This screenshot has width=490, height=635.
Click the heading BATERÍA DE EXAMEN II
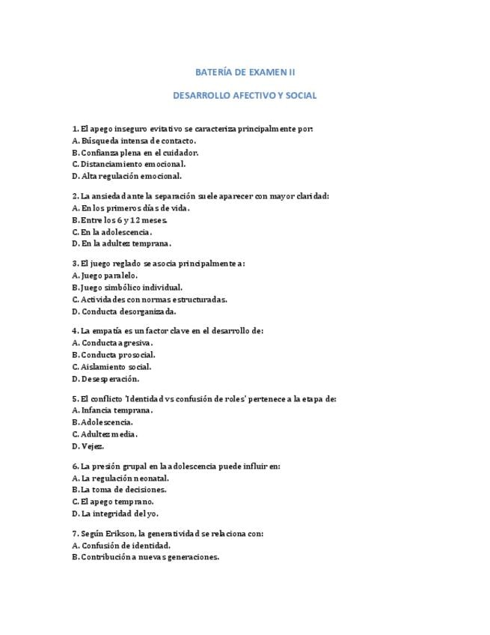coord(245,72)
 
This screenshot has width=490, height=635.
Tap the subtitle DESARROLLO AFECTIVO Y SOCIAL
coord(245,96)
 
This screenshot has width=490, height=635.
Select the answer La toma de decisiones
coord(125,490)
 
